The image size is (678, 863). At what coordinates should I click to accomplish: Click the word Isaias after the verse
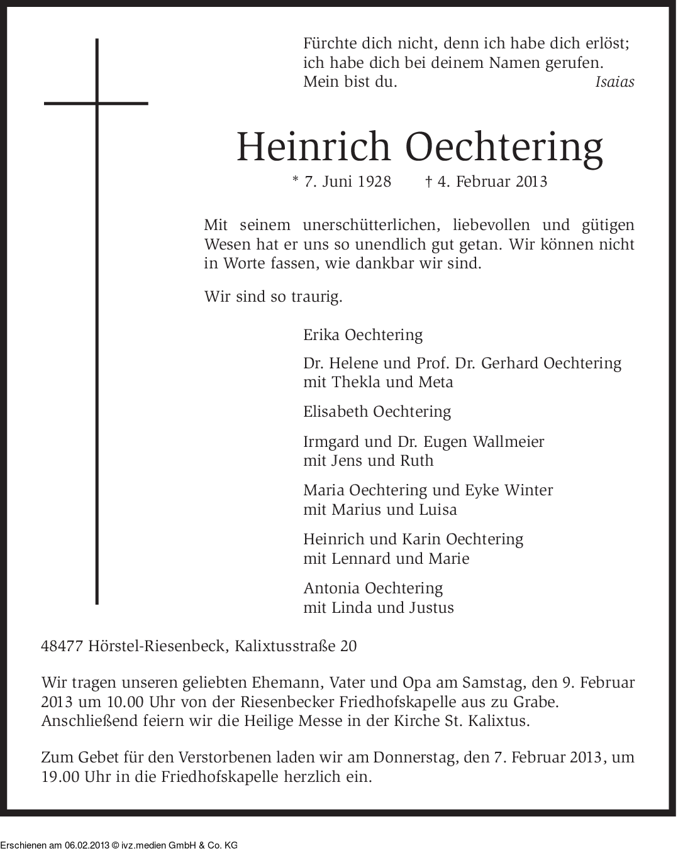[x=614, y=82]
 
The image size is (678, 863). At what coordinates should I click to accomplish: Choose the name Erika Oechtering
[x=363, y=334]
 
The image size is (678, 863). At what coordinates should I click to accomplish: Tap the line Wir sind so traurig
[x=273, y=296]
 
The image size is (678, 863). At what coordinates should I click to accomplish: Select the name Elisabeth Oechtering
[x=377, y=412]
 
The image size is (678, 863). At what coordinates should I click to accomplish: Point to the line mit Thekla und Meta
[x=378, y=382]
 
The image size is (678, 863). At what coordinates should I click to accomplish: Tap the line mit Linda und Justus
[x=379, y=608]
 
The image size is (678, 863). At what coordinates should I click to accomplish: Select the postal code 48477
[x=62, y=646]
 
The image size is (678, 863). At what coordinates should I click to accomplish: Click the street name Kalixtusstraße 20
[x=296, y=646]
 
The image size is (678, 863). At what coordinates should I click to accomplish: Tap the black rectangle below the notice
[x=119, y=840]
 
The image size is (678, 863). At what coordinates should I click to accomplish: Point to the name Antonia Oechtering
[x=373, y=588]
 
